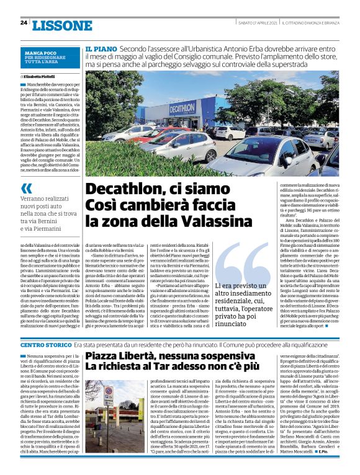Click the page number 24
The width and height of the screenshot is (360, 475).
coord(24,23)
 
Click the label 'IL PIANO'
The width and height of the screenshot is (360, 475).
coord(101,48)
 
